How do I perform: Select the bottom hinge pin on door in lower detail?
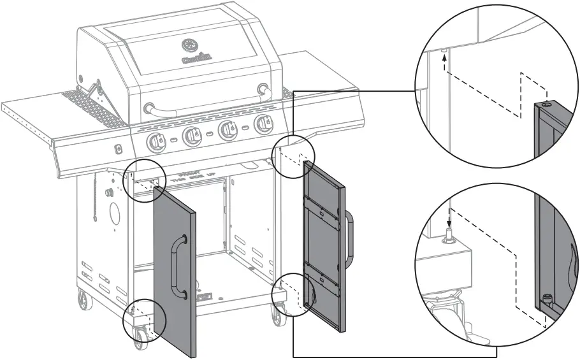click(546, 298)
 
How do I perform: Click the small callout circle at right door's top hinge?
click(295, 154)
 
